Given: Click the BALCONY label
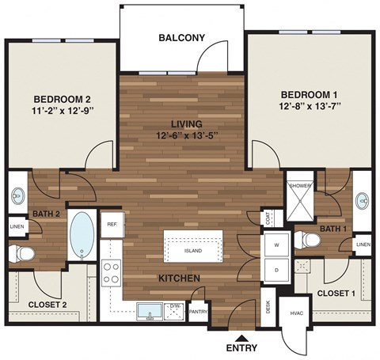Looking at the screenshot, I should point(182,37).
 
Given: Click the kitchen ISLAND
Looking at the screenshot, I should point(192,251).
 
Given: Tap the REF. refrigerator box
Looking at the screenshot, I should point(112,224).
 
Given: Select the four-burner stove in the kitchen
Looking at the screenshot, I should point(112,271).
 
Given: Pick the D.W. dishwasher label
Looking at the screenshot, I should point(177,305).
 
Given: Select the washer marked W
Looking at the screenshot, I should point(277,245).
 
